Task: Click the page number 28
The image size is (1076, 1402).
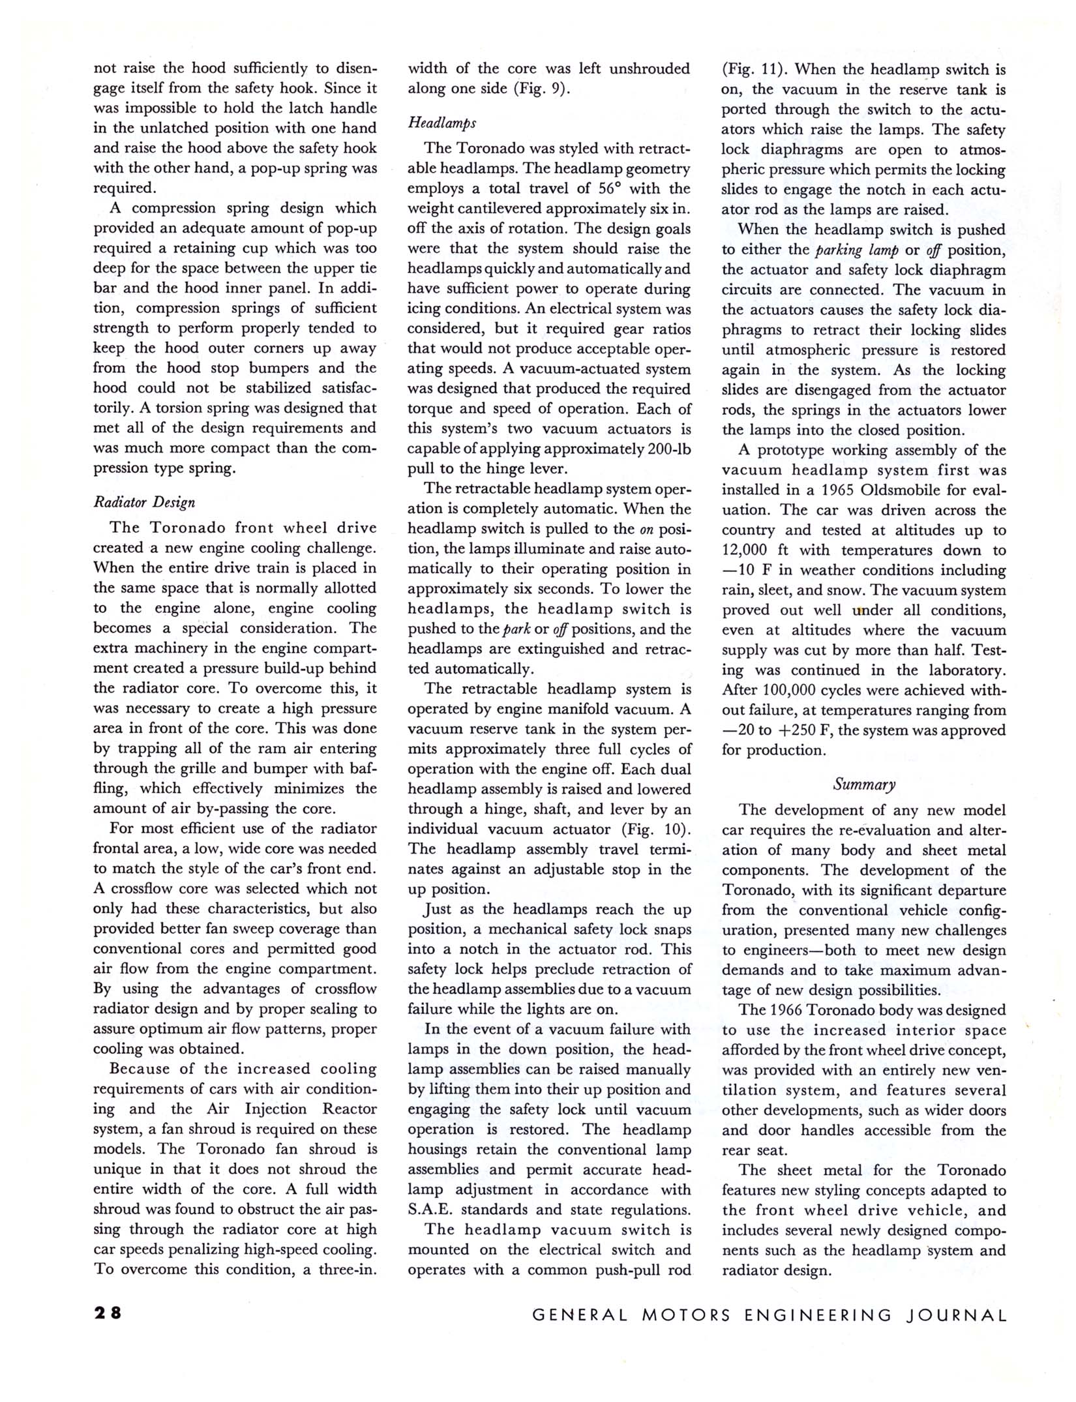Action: (108, 1313)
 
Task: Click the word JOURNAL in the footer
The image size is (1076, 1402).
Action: (957, 1315)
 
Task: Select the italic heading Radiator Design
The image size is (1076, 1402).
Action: (144, 502)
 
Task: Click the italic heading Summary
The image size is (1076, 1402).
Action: (864, 784)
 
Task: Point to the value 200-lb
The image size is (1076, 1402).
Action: (666, 449)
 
